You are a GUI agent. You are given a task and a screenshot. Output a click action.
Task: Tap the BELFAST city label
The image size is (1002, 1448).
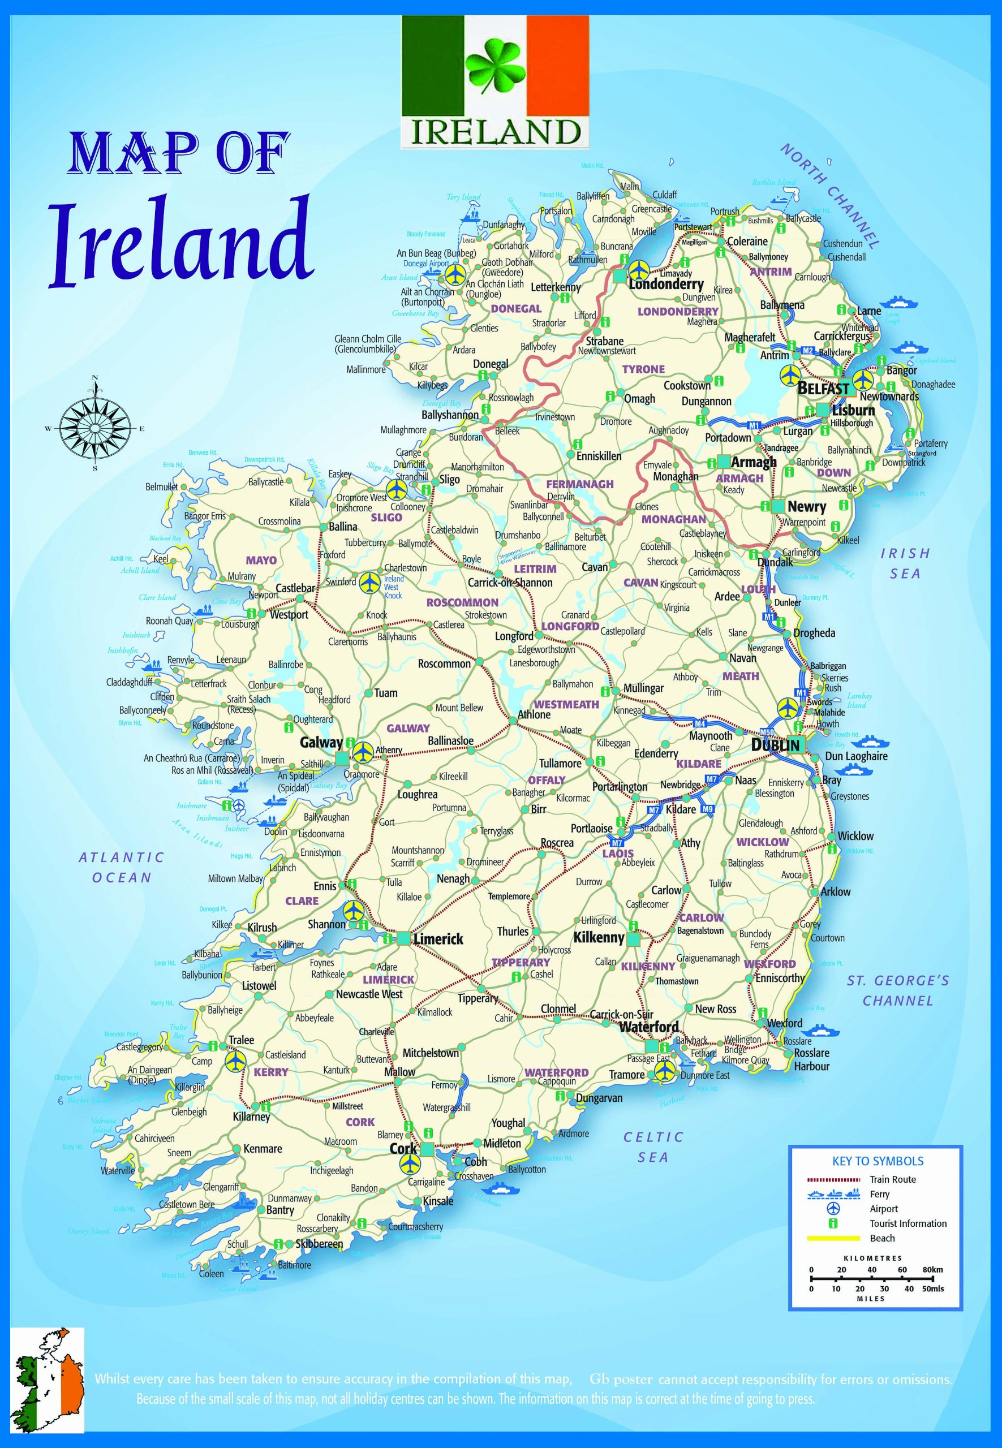tap(823, 389)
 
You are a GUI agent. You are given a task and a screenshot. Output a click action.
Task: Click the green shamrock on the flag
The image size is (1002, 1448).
tap(493, 67)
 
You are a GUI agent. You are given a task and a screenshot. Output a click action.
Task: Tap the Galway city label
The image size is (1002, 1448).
tap(321, 743)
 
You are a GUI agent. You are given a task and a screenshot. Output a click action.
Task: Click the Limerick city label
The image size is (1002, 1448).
tap(438, 939)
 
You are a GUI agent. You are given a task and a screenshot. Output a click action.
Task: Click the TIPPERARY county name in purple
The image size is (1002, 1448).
tap(521, 962)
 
